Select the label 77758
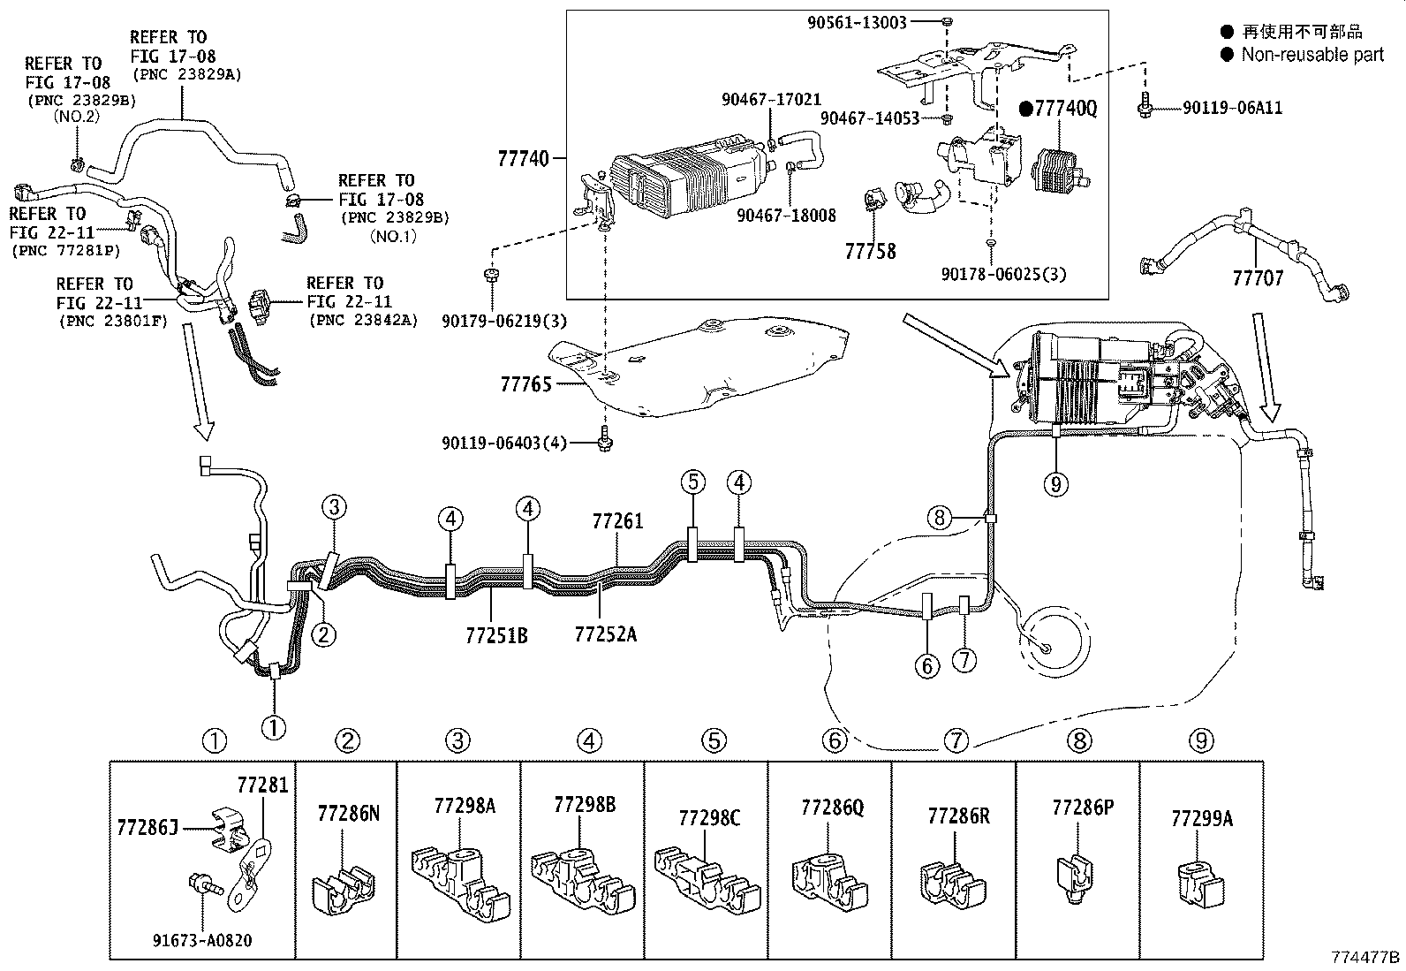(x=870, y=252)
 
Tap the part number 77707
(x=1258, y=278)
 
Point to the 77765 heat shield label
(x=525, y=383)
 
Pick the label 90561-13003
(x=857, y=23)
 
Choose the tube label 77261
(x=617, y=521)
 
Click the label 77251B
(x=496, y=634)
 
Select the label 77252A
(x=605, y=634)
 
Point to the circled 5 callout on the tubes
(x=693, y=482)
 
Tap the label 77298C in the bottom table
(x=710, y=818)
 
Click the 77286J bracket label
(x=147, y=827)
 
